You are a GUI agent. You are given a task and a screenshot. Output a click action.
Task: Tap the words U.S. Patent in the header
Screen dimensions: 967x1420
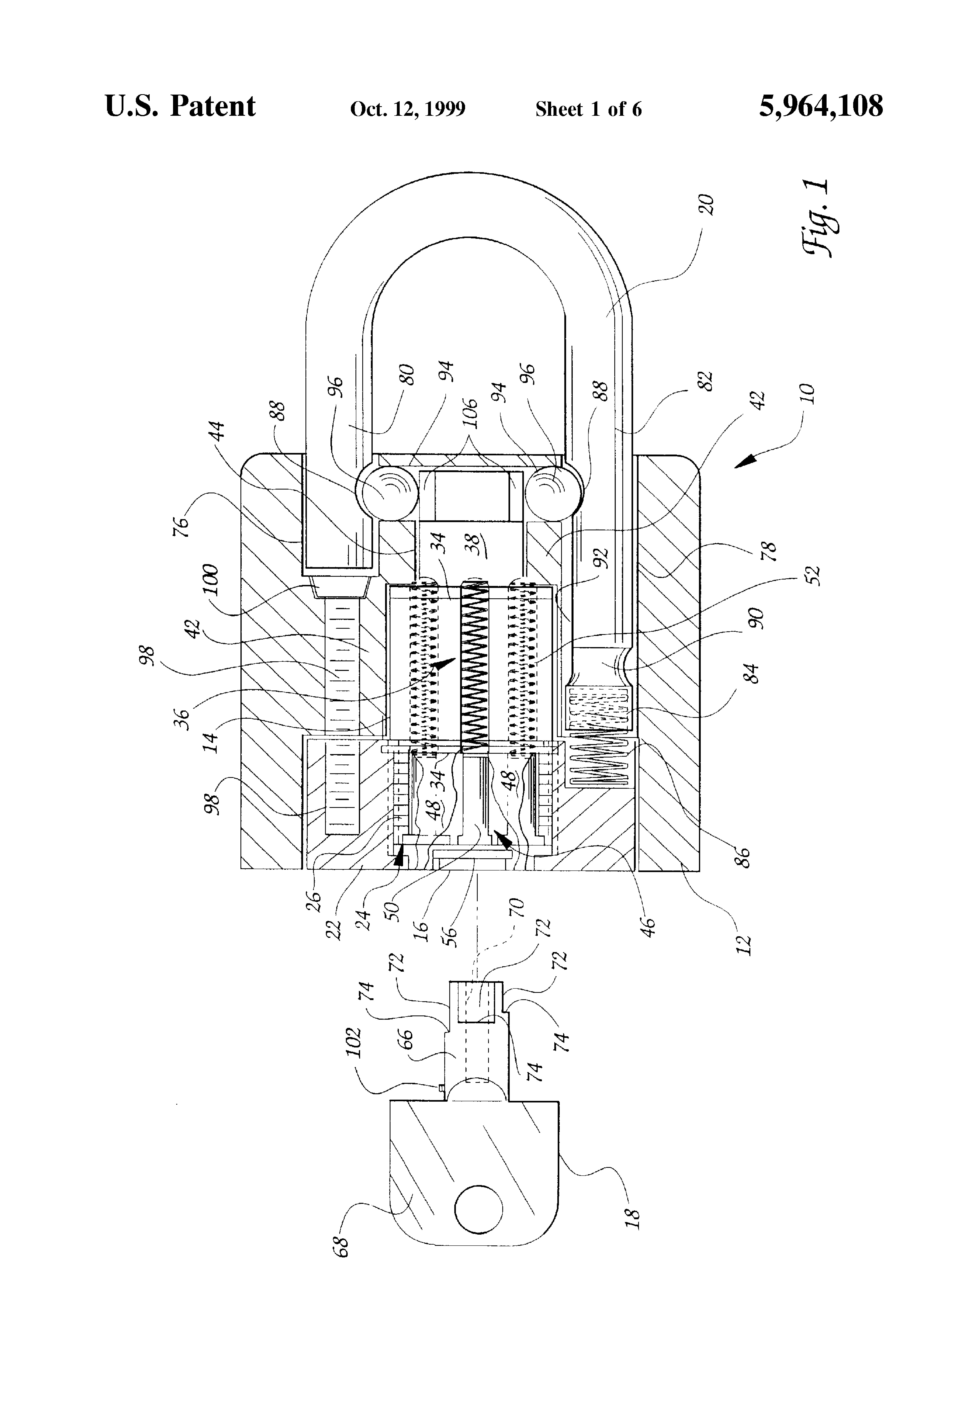180,106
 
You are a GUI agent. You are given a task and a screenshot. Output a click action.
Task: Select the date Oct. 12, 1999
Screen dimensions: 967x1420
408,109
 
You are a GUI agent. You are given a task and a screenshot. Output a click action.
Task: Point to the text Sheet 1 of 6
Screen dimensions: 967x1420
589,109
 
